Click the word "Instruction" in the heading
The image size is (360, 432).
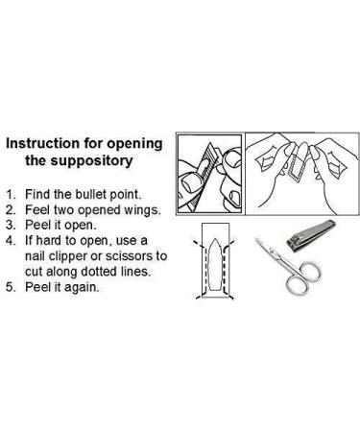[43, 143]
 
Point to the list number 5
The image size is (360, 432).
[10, 287]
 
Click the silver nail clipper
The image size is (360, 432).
[311, 236]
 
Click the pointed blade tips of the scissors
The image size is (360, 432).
[258, 240]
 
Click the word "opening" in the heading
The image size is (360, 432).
[134, 144]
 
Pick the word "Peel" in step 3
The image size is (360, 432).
[37, 226]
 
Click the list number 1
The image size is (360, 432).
[10, 194]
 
